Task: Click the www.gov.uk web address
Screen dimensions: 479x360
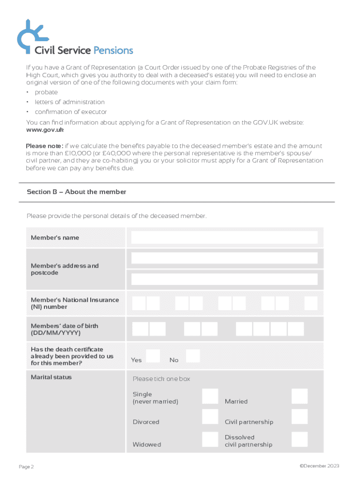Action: [x=45, y=130]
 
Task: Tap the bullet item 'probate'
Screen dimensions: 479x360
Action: [x=46, y=92]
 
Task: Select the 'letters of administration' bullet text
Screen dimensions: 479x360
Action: [x=70, y=102]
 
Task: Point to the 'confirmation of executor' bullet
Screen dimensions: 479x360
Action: [x=71, y=112]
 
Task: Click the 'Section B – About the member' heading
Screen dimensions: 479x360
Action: [x=76, y=192]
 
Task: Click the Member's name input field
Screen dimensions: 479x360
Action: [x=224, y=238]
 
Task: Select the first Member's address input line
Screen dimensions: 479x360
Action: [x=224, y=258]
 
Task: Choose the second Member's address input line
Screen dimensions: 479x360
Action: [x=224, y=279]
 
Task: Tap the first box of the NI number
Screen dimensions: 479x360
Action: [x=139, y=304]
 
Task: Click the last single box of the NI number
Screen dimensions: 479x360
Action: [x=310, y=304]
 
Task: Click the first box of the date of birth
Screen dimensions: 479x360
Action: [x=141, y=329]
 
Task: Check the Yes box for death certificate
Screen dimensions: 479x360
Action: [x=153, y=356]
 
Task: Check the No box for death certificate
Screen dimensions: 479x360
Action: [x=193, y=356]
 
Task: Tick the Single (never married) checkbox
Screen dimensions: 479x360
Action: [x=210, y=396]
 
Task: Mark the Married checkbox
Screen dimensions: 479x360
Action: [x=299, y=396]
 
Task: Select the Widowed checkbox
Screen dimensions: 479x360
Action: [x=210, y=439]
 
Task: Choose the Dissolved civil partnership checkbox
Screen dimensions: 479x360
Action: [x=299, y=439]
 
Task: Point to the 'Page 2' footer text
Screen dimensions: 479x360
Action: [x=26, y=467]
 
